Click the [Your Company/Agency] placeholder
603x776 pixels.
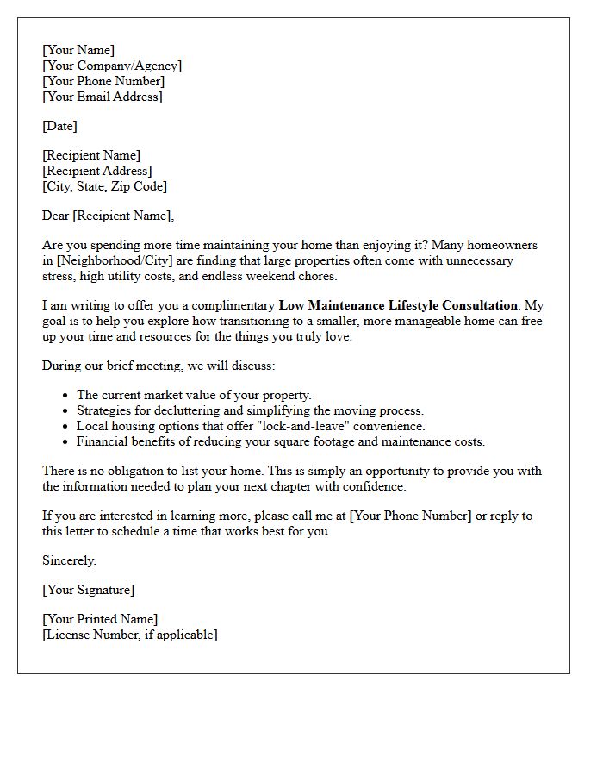pyautogui.click(x=112, y=66)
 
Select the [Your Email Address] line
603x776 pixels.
pyautogui.click(x=102, y=97)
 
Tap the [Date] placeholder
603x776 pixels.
pyautogui.click(x=59, y=126)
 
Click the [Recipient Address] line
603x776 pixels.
pyautogui.click(x=97, y=171)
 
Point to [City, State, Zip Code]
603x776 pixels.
pyautogui.click(x=104, y=186)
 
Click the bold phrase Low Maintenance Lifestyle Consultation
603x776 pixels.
pyautogui.click(x=398, y=305)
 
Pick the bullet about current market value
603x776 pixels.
pyautogui.click(x=194, y=395)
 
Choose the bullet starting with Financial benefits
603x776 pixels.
pyautogui.click(x=280, y=441)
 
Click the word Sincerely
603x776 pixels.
pyautogui.click(x=70, y=560)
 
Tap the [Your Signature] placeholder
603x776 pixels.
pyautogui.click(x=88, y=590)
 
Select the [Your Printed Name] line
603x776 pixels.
pyautogui.click(x=100, y=619)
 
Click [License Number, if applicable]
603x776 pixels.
pyautogui.click(x=129, y=635)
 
